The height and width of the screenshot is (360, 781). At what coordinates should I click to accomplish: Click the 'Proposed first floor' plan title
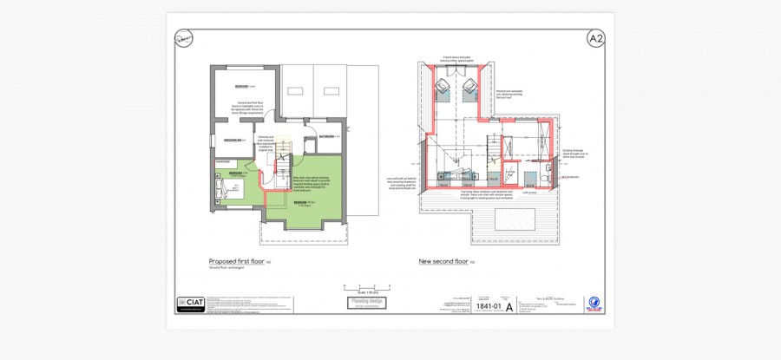pos(236,261)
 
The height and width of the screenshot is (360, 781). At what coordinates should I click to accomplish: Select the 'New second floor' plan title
pos(443,261)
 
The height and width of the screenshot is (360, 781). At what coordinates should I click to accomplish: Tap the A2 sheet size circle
pos(595,39)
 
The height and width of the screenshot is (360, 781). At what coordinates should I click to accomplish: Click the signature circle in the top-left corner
pos(184,38)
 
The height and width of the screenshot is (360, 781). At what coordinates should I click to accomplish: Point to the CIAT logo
pos(191,303)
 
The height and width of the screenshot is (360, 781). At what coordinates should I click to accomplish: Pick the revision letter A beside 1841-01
pos(522,306)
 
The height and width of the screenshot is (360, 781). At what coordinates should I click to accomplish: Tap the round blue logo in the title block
pos(595,303)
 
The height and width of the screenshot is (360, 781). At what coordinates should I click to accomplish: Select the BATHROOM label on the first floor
pos(326,136)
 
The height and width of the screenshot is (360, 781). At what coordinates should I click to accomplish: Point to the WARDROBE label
pos(222,161)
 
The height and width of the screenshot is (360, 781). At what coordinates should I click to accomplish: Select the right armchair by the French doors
pos(471,86)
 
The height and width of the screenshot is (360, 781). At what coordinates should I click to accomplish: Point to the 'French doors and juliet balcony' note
pos(456,60)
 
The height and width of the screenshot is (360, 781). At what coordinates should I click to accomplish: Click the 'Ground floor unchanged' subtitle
pos(225,268)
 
